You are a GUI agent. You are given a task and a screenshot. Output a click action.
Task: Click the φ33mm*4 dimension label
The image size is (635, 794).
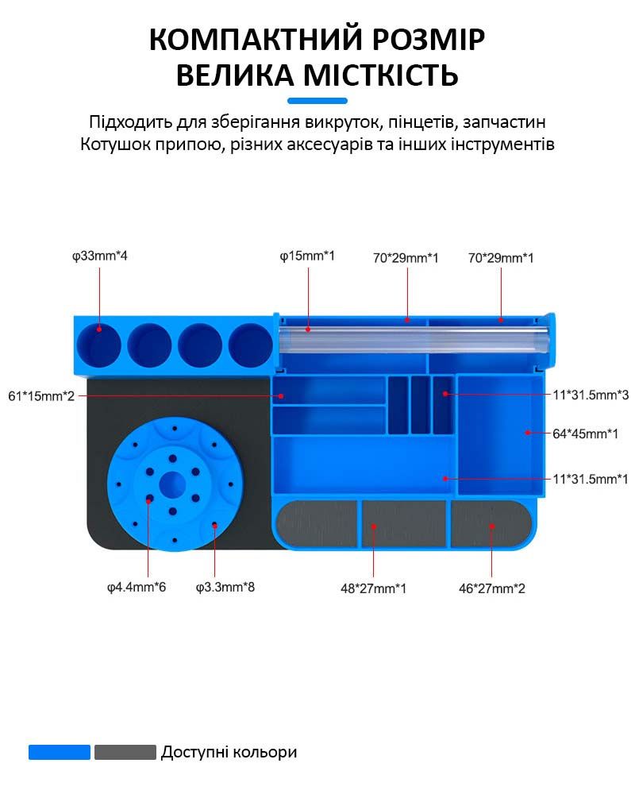[x=100, y=256]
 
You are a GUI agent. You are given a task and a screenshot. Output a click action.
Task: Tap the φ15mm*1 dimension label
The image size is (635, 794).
[x=307, y=256]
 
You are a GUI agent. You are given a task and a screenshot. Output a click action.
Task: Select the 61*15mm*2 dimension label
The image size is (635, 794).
[x=41, y=396]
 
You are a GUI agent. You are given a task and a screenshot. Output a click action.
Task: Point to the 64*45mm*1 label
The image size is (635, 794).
[x=585, y=434]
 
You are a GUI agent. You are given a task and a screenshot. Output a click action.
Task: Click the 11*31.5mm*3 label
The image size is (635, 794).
[x=591, y=395]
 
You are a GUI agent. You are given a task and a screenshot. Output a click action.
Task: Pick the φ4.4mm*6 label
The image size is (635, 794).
[x=137, y=588]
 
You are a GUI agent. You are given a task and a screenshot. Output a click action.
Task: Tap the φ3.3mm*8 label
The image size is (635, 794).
[x=225, y=588]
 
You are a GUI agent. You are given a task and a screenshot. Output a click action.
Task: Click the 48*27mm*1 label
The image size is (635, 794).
[x=373, y=588]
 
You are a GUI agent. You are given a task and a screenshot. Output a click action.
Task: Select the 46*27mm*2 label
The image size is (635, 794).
[x=491, y=588]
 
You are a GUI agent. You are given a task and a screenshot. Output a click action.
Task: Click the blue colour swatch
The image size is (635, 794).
[x=60, y=752]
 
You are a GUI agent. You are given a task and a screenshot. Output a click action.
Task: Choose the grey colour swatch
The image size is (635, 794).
[x=125, y=752]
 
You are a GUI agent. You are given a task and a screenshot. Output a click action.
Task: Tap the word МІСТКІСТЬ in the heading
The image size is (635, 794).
[x=381, y=75]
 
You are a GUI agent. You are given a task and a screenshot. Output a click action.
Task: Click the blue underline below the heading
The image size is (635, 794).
[x=317, y=101]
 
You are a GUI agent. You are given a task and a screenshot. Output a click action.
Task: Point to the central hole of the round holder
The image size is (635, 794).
[x=172, y=484]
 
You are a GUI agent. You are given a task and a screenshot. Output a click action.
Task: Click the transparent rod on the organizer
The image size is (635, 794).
[x=414, y=339]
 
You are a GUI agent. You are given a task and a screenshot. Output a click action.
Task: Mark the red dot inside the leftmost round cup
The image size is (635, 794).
[x=99, y=330]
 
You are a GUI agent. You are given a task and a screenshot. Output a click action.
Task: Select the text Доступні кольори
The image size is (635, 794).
[x=229, y=752]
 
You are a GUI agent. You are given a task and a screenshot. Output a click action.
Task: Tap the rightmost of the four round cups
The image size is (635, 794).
[x=251, y=345]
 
